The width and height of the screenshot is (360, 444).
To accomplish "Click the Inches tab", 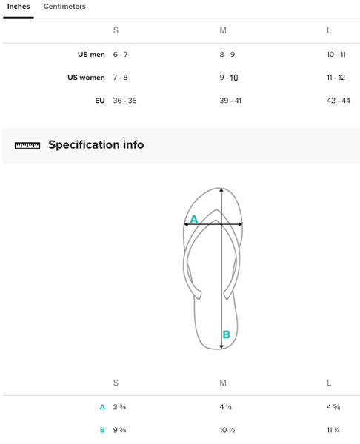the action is pos(19,7).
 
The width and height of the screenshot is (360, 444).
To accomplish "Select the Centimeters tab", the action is pos(64,7).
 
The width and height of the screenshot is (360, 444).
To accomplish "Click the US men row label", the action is pos(91,54).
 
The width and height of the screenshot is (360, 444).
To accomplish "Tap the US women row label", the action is pos(86,78).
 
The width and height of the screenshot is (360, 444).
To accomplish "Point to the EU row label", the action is pos(100,101).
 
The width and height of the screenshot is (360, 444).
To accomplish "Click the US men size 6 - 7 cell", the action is pos(121,54).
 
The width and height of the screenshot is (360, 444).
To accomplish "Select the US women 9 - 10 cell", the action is pos(229,78).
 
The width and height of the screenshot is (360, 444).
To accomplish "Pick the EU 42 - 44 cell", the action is pos(339,101).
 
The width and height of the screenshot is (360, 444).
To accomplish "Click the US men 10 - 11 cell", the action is pos(336,54).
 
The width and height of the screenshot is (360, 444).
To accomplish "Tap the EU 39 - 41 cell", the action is pos(230,101).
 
